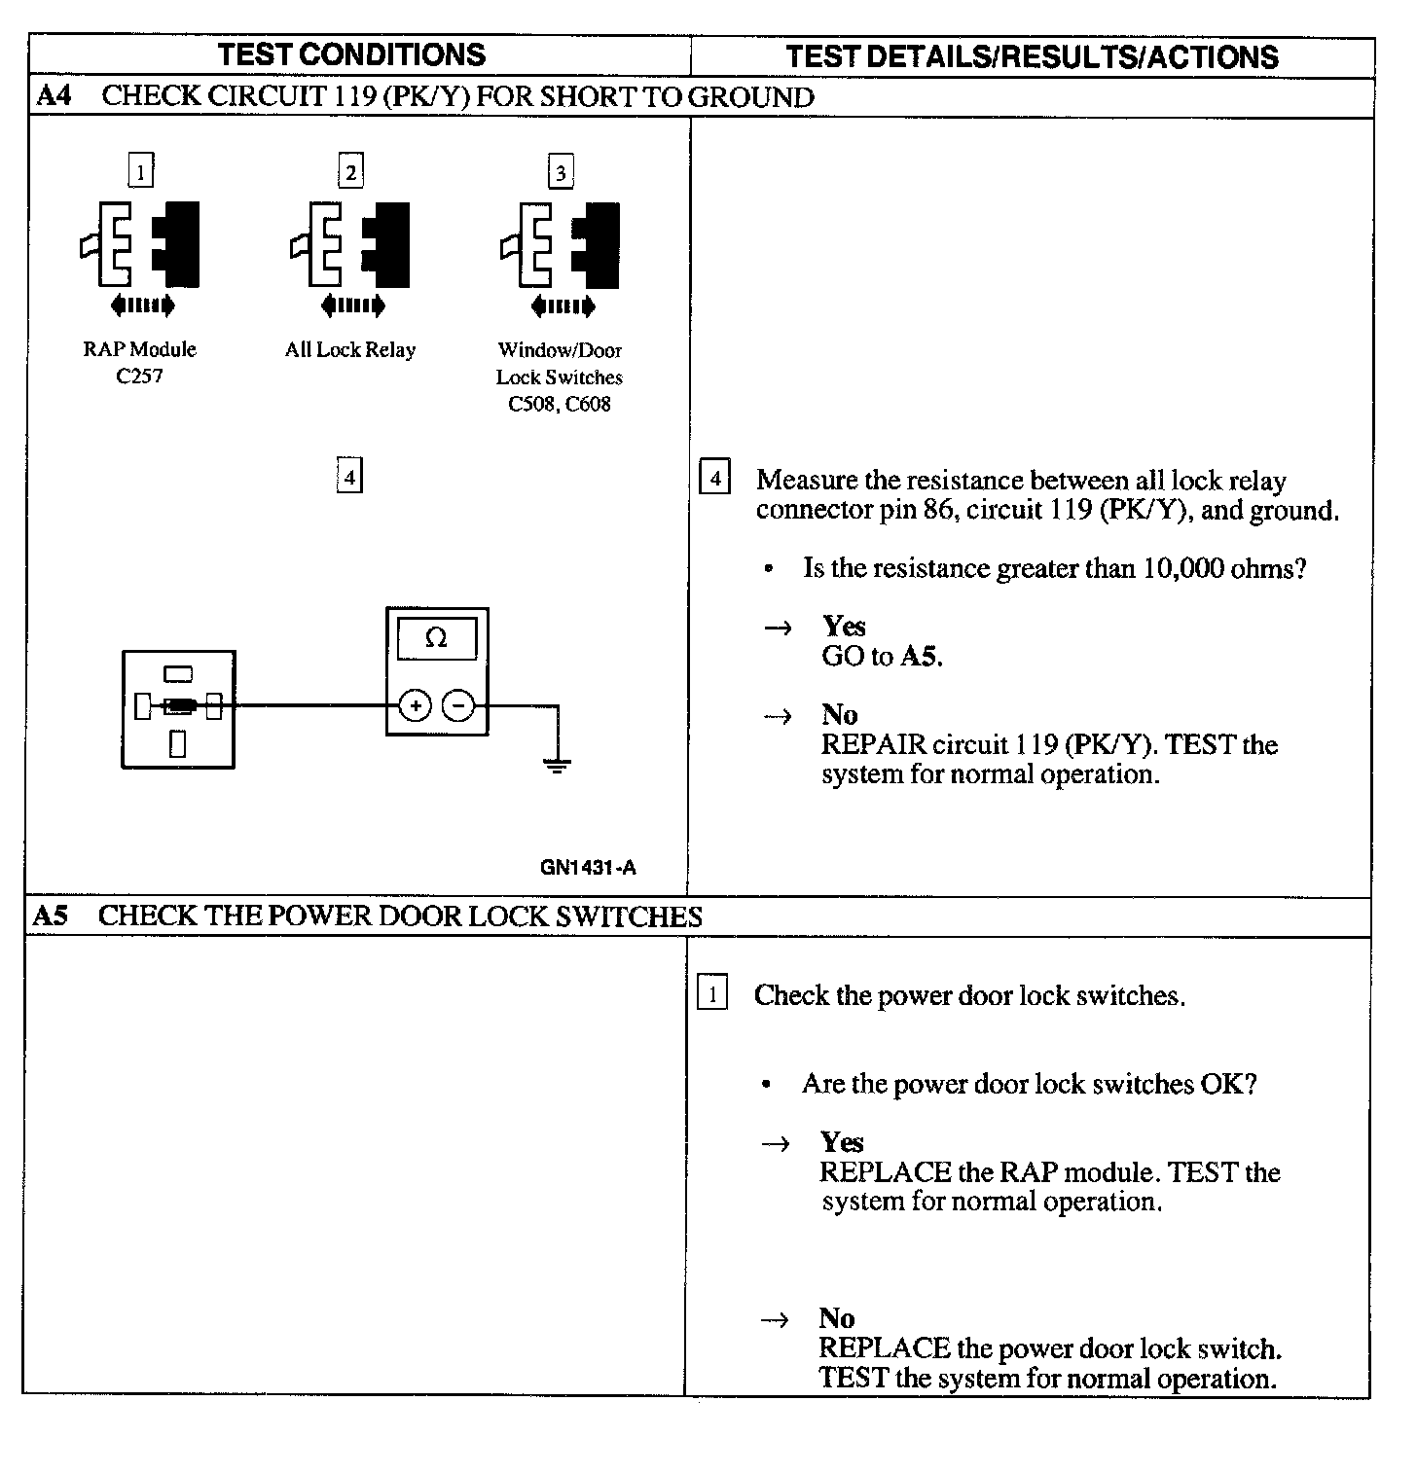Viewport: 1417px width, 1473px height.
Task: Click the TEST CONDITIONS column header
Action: coord(351,54)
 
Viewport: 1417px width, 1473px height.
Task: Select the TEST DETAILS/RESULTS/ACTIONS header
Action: coord(1032,56)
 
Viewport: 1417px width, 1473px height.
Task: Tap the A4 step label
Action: coord(54,96)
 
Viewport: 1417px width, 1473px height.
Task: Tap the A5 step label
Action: coord(51,916)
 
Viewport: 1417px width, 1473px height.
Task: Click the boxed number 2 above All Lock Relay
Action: coord(350,171)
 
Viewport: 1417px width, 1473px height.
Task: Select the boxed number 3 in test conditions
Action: coord(561,172)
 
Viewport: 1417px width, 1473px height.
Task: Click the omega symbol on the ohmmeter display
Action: coord(437,638)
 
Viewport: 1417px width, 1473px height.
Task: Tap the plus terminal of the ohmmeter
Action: coord(415,705)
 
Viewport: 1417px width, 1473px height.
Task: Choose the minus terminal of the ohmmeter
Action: coord(459,705)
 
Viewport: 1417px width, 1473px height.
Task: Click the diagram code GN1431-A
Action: coord(588,867)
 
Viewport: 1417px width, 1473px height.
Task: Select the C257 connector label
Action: coord(139,377)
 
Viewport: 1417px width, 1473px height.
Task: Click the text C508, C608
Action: coord(560,404)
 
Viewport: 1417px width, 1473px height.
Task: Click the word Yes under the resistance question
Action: coord(844,626)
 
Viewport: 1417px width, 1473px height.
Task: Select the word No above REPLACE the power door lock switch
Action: coord(837,1318)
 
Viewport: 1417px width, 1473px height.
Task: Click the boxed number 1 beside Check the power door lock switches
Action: coord(712,994)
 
